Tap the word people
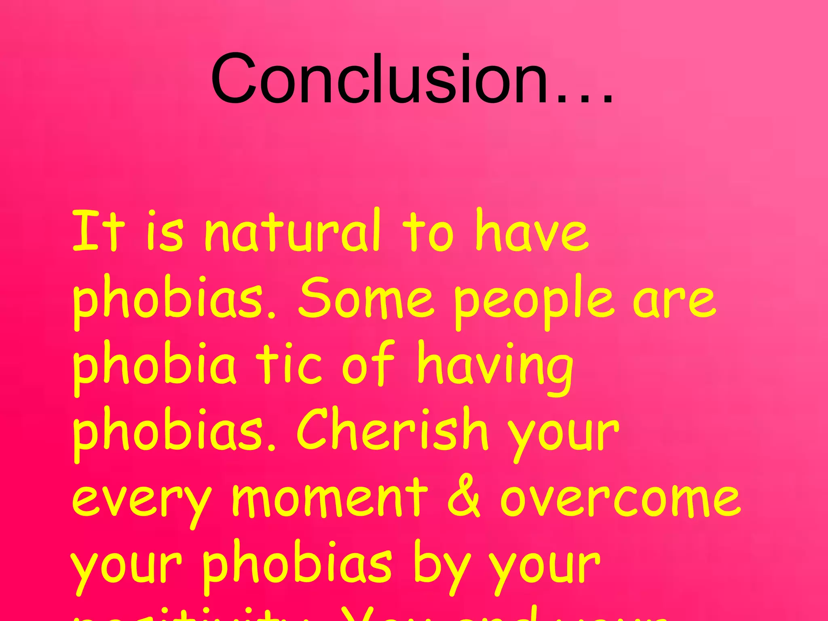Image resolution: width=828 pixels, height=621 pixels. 534,301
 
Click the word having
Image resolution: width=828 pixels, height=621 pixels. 495,366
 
